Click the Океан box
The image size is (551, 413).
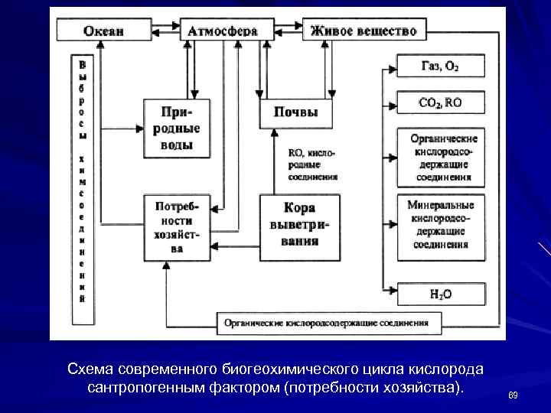pyautogui.click(x=103, y=31)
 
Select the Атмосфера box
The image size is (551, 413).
pyautogui.click(x=222, y=31)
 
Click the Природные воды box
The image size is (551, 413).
pyautogui.click(x=176, y=128)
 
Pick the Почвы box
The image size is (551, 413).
pyautogui.click(x=295, y=112)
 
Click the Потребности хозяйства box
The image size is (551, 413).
pyautogui.click(x=176, y=227)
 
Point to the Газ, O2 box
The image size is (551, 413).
pyautogui.click(x=440, y=66)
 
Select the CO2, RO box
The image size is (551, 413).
pyautogui.click(x=440, y=102)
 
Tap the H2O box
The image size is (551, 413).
pyautogui.click(x=440, y=293)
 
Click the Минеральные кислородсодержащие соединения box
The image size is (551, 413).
pyautogui.click(x=440, y=226)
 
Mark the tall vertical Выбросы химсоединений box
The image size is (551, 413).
pyautogui.click(x=82, y=180)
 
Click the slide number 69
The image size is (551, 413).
pyautogui.click(x=513, y=395)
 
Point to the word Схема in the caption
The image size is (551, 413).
pyautogui.click(x=90, y=369)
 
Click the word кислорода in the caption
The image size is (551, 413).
pyautogui.click(x=452, y=369)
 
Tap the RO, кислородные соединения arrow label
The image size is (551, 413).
pyautogui.click(x=312, y=164)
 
